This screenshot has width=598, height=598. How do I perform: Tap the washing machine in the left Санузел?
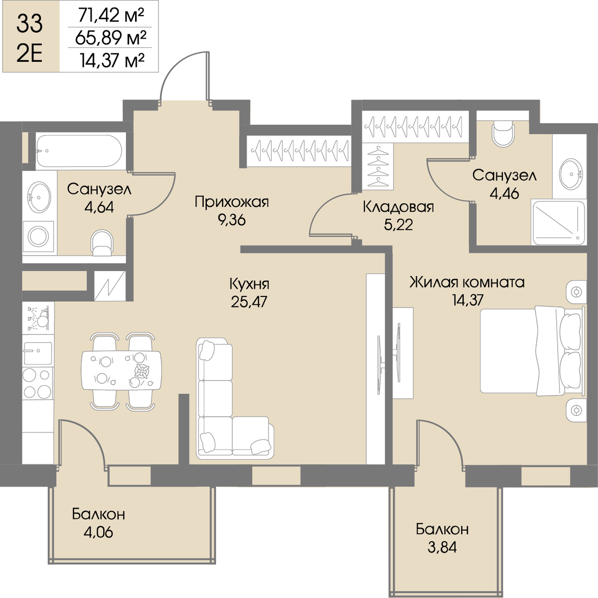(x=38, y=237)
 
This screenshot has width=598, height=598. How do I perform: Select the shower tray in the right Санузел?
(x=558, y=222)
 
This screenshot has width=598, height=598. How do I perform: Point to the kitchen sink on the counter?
(x=37, y=353)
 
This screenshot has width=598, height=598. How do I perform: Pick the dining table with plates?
(x=121, y=370)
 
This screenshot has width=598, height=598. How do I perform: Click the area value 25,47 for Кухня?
(x=249, y=301)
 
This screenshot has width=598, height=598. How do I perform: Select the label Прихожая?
(x=232, y=202)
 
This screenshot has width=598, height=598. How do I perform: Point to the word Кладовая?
(x=399, y=207)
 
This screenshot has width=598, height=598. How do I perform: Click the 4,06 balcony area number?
(x=98, y=533)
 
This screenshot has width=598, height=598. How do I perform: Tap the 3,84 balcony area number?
(x=442, y=547)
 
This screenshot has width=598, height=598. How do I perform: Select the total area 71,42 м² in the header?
(x=111, y=15)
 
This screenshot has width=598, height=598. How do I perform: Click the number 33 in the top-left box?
(x=29, y=24)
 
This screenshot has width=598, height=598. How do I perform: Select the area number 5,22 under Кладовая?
(x=399, y=225)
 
